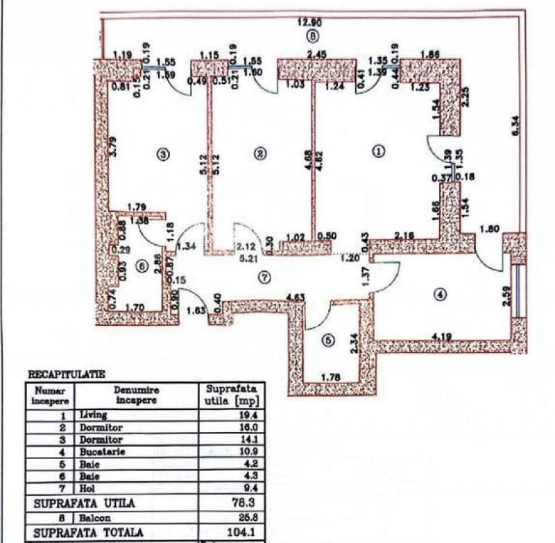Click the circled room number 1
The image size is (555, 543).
[x=379, y=150]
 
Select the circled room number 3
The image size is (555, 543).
[x=163, y=154]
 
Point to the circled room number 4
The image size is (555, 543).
[x=438, y=294]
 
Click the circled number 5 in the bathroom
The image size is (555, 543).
[x=329, y=341]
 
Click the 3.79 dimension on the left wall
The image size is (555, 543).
[x=113, y=147]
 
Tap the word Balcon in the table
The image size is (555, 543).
[x=94, y=518]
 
